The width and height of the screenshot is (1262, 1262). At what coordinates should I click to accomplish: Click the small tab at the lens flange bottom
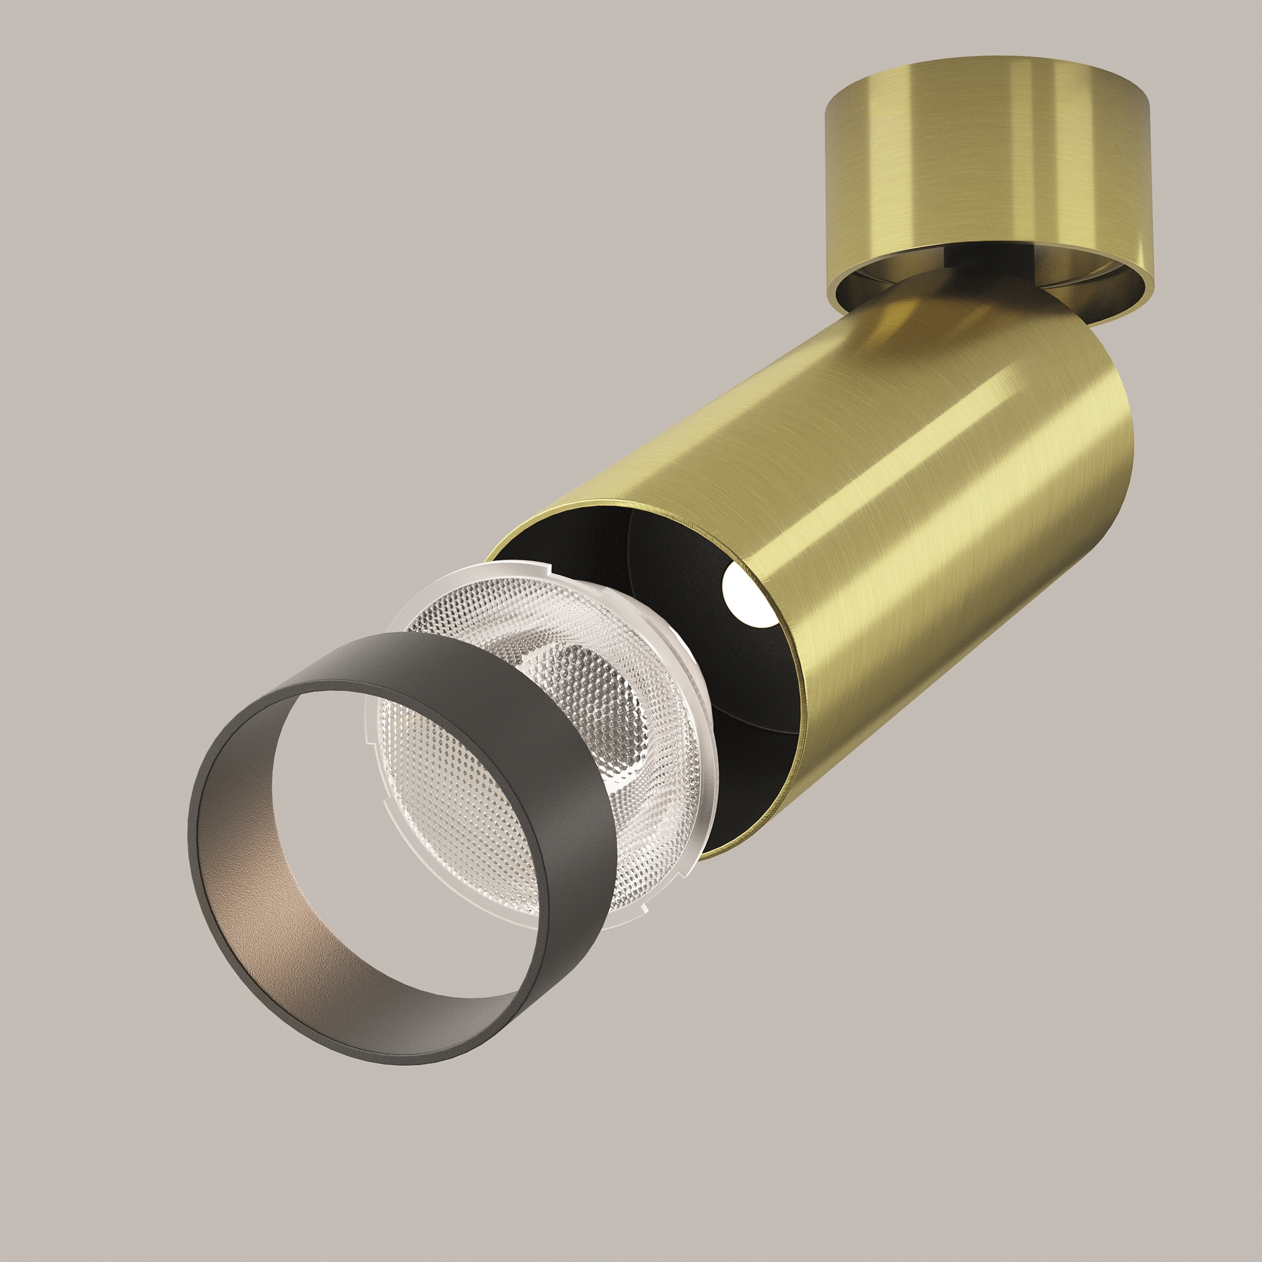644,907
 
